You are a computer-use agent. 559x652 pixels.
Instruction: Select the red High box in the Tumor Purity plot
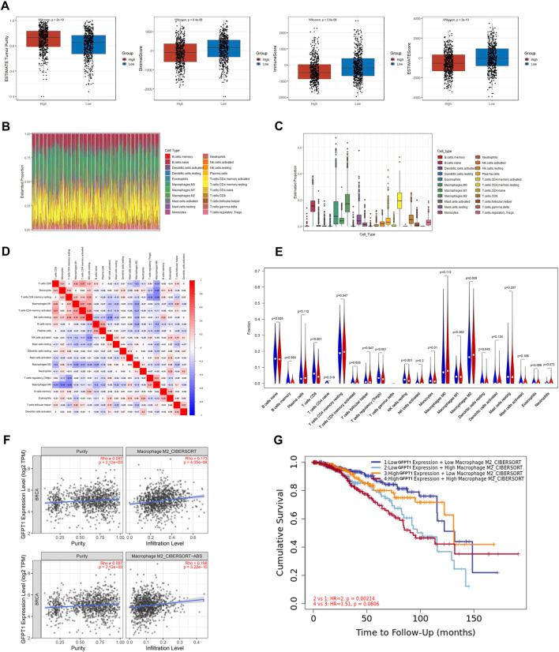pyautogui.click(x=43, y=38)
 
